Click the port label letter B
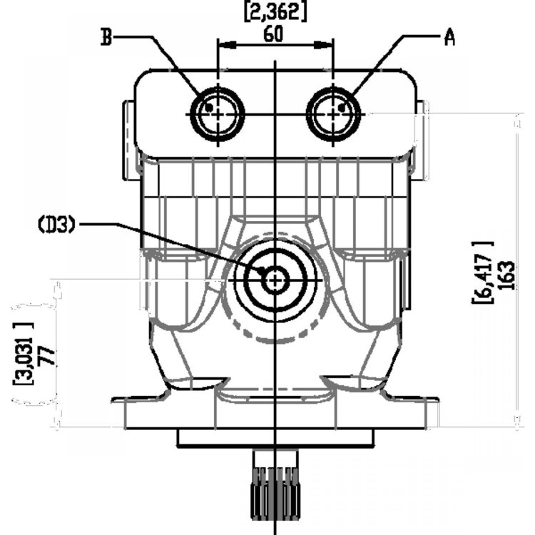coord(106,37)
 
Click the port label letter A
coord(449,37)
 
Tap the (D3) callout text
coord(56,225)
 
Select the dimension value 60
coord(273,34)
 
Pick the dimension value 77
coord(47,356)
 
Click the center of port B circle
coord(218,114)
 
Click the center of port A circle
coord(333,114)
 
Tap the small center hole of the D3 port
coord(275,280)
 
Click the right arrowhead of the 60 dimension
coord(323,44)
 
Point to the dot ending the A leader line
coord(342,108)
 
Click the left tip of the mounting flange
coord(113,400)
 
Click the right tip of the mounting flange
coord(437,400)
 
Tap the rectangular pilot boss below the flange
coord(275,438)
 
